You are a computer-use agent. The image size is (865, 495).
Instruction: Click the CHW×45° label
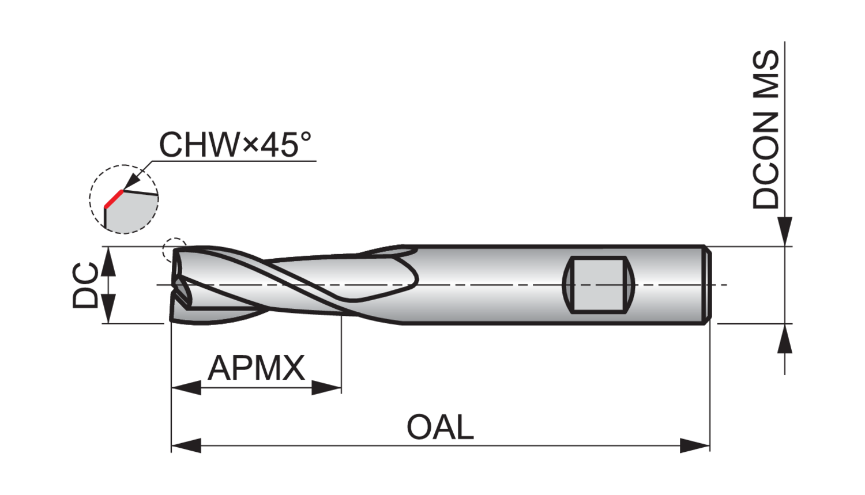coord(235,145)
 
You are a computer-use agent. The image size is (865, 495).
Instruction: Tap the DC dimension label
coord(86,285)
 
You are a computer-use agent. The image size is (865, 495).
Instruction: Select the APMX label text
coord(257,368)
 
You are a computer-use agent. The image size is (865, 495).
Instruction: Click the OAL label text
coord(440,427)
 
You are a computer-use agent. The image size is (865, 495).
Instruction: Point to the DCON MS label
coord(766,130)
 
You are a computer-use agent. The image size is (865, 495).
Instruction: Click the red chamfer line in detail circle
coord(114,199)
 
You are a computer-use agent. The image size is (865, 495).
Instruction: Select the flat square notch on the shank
coord(598,285)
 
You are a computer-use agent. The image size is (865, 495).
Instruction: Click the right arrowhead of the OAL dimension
coord(695,445)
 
